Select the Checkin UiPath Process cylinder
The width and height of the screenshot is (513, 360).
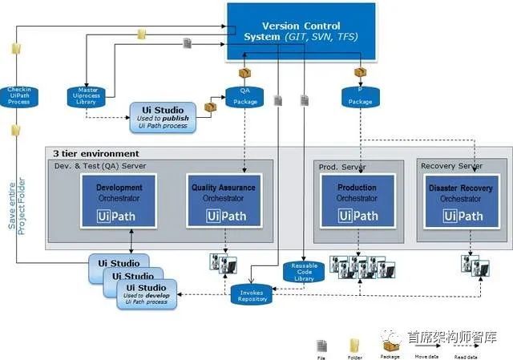point(19,95)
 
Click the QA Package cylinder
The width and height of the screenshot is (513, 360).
point(244,96)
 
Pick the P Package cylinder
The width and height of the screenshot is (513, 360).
point(360,96)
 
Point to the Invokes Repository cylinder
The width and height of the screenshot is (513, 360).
point(252,294)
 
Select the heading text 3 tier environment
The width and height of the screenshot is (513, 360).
point(95,153)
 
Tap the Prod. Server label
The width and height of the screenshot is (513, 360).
point(341,166)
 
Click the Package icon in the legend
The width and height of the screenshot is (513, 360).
point(390,343)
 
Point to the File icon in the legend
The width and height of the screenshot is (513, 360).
point(321,343)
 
